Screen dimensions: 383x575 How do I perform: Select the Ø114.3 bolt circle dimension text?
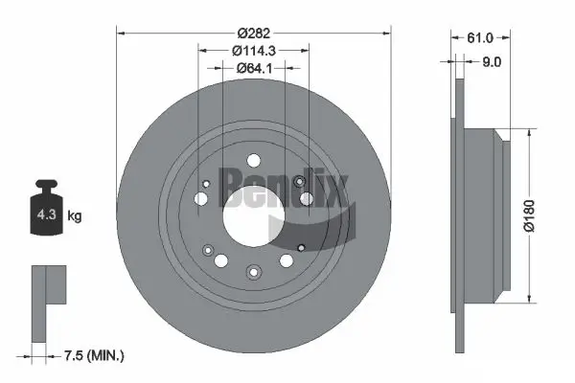coord(253,49)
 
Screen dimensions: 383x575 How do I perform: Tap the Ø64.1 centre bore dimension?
coord(253,67)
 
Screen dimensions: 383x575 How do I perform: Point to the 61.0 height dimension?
coord(479,38)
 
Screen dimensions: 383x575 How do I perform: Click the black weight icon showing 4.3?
coord(44,213)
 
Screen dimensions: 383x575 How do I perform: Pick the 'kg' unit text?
coord(75,217)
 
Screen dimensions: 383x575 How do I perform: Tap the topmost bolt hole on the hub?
coord(253,160)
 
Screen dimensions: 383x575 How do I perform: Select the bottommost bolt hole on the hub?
coord(252,272)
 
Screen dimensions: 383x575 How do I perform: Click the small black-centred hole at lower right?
coord(301,244)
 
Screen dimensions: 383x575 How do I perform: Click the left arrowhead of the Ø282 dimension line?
coord(121,32)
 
